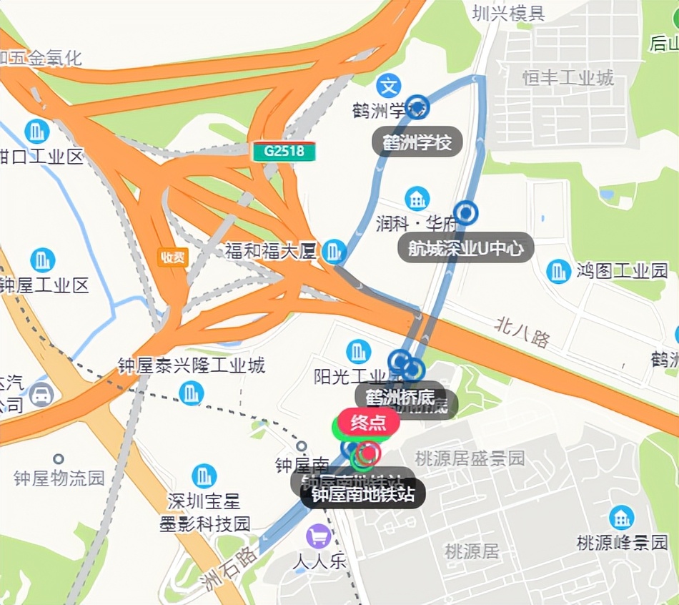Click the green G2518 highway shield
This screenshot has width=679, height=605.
point(284,152)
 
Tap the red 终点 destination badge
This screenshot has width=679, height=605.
point(368,423)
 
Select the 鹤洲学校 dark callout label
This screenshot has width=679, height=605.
point(417,142)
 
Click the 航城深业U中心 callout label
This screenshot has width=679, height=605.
point(466,248)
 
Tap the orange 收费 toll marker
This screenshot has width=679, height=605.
point(173,257)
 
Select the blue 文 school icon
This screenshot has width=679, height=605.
point(389,87)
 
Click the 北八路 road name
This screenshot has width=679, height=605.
point(522,333)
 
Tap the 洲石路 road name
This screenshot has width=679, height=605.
point(229,565)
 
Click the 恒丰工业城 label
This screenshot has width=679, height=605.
point(568,77)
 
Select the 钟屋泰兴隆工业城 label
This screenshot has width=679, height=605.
point(192,366)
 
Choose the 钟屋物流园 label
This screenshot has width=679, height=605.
point(59,478)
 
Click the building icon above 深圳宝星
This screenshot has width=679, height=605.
point(204,476)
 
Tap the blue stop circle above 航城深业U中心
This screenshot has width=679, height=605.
point(466,213)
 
